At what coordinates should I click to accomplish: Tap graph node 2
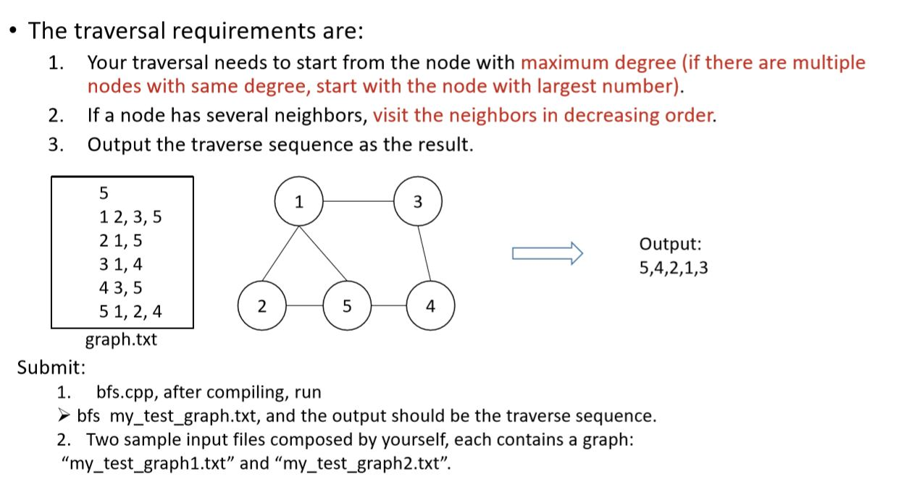[261, 306]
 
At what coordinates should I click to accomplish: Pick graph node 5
[346, 306]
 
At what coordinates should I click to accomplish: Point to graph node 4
[431, 306]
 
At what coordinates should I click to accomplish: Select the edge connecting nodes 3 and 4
[424, 253]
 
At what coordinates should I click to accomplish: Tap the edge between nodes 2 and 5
[304, 306]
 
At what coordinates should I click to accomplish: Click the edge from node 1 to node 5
[322, 253]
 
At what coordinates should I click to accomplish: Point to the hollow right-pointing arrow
[547, 252]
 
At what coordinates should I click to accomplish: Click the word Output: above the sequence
[670, 245]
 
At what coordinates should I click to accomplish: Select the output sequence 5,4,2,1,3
[674, 268]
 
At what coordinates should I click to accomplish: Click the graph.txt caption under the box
[121, 339]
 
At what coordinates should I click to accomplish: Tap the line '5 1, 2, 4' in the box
[130, 312]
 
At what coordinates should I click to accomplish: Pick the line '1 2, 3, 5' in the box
[130, 216]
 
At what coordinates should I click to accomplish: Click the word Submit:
[51, 367]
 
